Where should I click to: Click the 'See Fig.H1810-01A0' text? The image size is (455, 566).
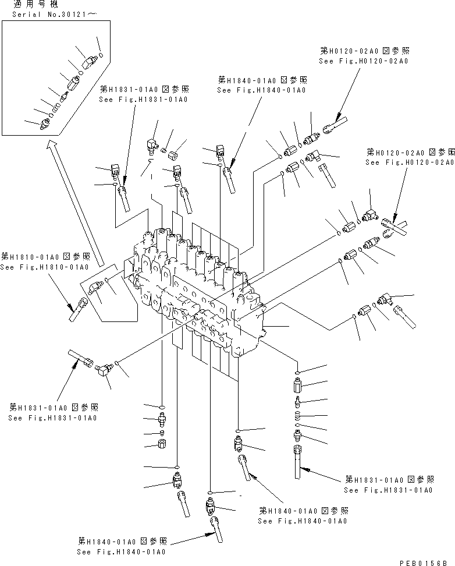point(44,267)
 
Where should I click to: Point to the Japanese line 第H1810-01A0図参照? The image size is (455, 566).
point(44,256)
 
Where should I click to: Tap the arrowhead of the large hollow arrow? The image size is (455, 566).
point(53,145)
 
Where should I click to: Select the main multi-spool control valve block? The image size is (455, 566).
point(198,291)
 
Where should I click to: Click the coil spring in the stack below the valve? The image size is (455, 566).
point(298,415)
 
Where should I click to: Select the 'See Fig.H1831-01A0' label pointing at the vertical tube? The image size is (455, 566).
point(388,490)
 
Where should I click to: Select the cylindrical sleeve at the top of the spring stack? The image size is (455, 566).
point(297,385)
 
